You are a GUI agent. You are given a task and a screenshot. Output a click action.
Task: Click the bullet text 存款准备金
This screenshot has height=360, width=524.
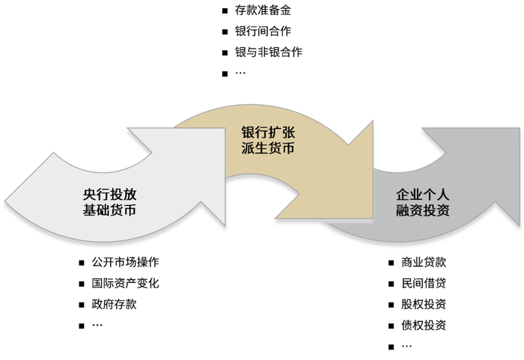click(x=263, y=10)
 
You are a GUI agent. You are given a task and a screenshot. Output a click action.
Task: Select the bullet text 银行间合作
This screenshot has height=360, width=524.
click(x=263, y=31)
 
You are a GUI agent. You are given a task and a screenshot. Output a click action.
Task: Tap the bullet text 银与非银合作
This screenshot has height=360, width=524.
click(x=269, y=52)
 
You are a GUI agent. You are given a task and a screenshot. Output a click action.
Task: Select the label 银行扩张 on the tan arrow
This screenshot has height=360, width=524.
click(x=268, y=132)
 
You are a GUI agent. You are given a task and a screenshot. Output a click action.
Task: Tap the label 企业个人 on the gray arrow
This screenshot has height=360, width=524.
click(x=423, y=194)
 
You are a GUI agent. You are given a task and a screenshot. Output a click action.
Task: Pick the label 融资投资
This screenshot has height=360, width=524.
click(x=423, y=210)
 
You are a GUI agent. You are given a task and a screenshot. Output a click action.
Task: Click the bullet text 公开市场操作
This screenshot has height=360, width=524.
click(x=125, y=263)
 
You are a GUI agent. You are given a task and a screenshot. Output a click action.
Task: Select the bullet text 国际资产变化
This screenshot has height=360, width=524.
click(x=125, y=284)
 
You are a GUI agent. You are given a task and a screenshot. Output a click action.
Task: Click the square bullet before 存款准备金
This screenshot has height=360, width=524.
click(x=225, y=11)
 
